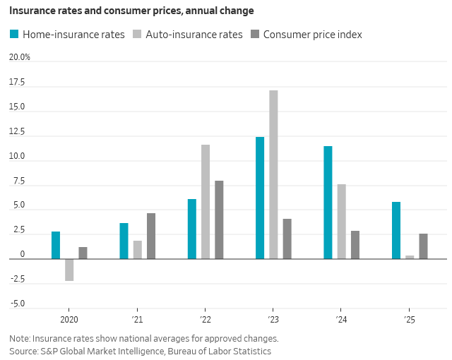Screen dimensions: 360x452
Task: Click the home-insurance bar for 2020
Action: [56, 245]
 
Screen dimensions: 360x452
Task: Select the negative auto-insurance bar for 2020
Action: [69, 270]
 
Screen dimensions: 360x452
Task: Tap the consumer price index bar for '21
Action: [151, 236]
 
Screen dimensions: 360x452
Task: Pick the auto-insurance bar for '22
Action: [206, 202]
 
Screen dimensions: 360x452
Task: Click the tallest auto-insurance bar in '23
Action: [273, 174]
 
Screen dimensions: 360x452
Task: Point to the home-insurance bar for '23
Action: [260, 198]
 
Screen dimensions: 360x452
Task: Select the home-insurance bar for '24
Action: [328, 203]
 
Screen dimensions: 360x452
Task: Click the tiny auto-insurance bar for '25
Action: [410, 257]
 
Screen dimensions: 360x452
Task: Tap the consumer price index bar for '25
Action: [423, 246]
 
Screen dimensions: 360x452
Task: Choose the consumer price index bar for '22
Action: [219, 220]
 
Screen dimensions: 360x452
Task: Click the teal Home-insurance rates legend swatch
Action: [14, 34]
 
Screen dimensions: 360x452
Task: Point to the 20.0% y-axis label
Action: [19, 57]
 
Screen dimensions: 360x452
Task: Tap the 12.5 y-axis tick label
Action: [17, 132]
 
